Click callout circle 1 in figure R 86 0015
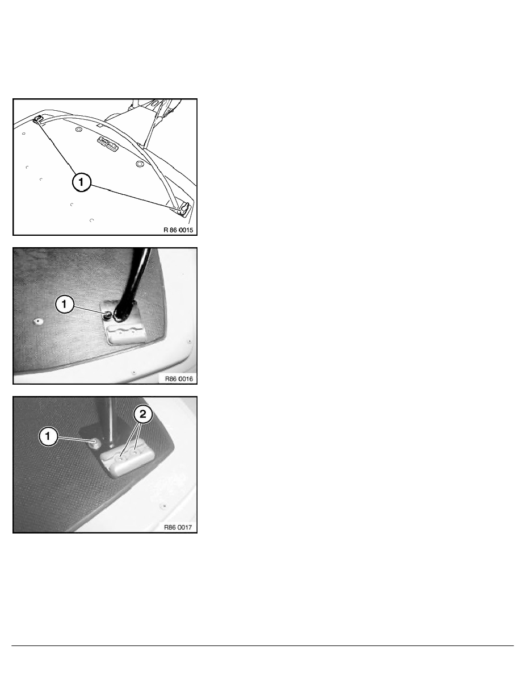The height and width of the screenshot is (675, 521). tap(81, 182)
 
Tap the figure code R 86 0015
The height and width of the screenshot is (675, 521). tap(178, 230)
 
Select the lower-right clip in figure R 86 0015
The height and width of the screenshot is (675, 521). tap(183, 209)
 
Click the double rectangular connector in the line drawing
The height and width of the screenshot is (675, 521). tap(108, 143)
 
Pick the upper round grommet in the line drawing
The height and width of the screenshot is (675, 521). tap(78, 129)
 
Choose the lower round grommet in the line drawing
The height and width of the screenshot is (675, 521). tap(139, 164)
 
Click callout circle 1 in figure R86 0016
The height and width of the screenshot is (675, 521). tap(65, 305)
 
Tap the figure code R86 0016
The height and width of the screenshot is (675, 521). tap(179, 379)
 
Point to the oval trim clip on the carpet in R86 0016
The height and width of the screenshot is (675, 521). tap(39, 321)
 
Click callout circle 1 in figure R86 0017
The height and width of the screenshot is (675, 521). tap(48, 436)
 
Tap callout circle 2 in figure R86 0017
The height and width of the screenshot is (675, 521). tap(142, 415)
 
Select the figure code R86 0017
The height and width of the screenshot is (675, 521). tap(178, 527)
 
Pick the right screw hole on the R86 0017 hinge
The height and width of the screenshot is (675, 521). tap(136, 453)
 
